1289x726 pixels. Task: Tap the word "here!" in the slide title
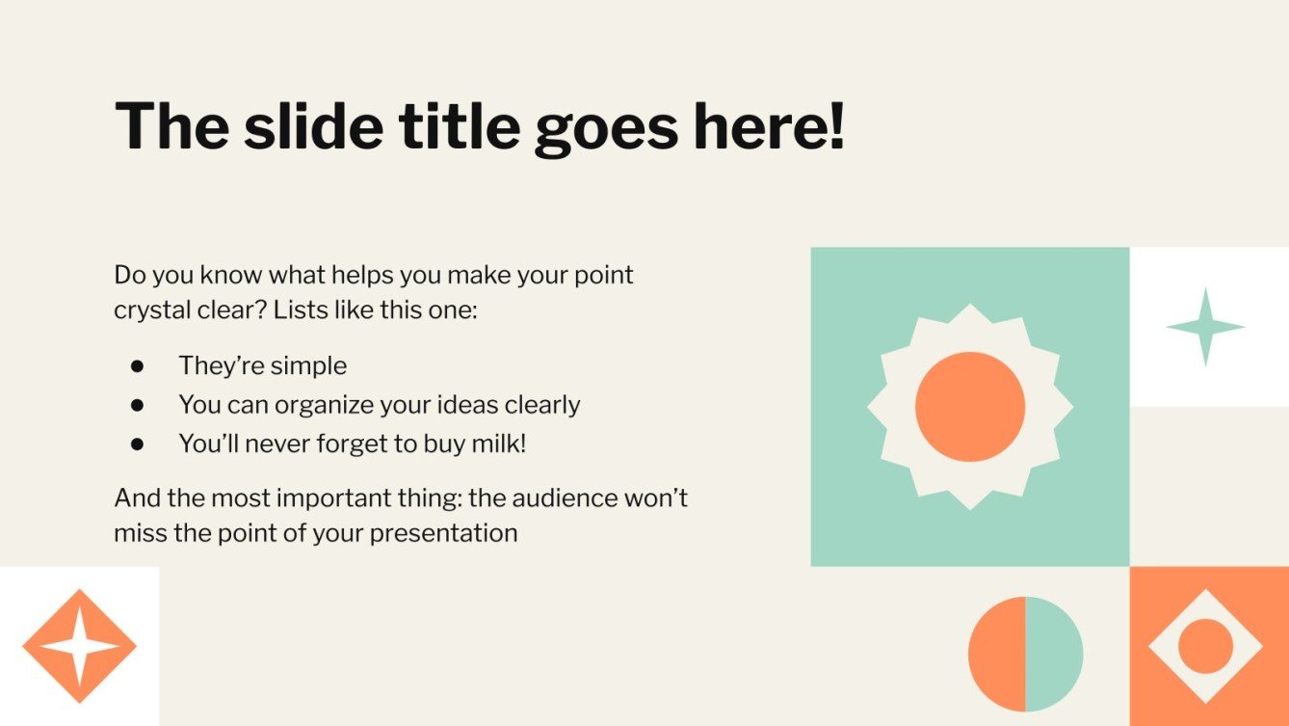pyautogui.click(x=769, y=126)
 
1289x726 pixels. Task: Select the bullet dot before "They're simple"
pyautogui.click(x=137, y=366)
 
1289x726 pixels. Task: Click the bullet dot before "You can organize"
pyautogui.click(x=137, y=405)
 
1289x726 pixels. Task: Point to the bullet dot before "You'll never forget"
pyautogui.click(x=137, y=444)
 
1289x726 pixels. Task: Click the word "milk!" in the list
pyautogui.click(x=498, y=444)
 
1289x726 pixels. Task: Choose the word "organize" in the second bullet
pyautogui.click(x=324, y=405)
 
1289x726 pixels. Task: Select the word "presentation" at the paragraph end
pyautogui.click(x=444, y=534)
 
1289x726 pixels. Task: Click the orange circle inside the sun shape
pyautogui.click(x=970, y=407)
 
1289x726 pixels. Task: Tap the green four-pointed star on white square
pyautogui.click(x=1205, y=327)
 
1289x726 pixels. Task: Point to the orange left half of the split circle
pyautogui.click(x=997, y=654)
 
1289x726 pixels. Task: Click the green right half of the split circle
pyautogui.click(x=1054, y=654)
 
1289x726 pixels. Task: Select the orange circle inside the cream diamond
pyautogui.click(x=1205, y=646)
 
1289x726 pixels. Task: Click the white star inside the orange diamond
pyautogui.click(x=79, y=647)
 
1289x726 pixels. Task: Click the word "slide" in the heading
pyautogui.click(x=314, y=126)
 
